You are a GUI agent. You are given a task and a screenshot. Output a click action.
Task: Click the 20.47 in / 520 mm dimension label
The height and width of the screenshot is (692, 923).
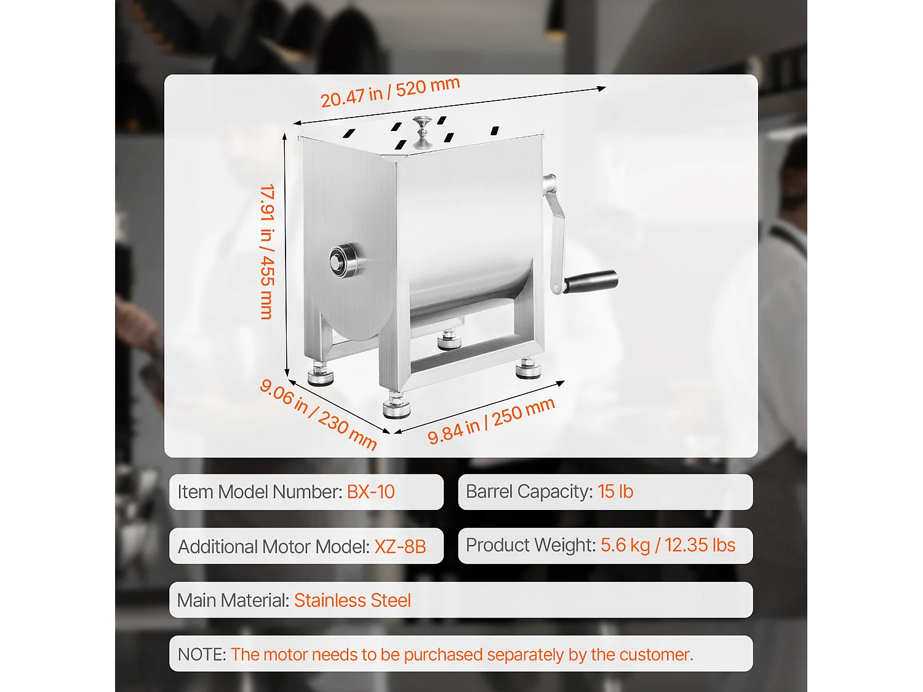[x=390, y=92]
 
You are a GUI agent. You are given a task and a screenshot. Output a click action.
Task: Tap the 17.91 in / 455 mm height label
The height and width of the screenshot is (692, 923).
[x=267, y=252]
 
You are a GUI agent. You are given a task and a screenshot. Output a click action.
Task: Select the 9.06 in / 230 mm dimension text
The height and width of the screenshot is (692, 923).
[x=318, y=414]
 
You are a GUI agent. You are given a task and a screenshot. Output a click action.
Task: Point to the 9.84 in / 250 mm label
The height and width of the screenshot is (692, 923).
[x=491, y=420]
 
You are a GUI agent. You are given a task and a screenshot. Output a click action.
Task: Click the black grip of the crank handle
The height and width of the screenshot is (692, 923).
[x=590, y=281]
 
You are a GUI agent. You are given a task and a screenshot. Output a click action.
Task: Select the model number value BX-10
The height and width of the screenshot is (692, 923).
[x=370, y=492]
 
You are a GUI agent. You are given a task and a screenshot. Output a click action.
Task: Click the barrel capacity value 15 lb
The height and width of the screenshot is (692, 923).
[x=615, y=491]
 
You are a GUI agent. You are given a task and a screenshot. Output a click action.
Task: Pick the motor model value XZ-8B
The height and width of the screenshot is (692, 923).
[x=400, y=546]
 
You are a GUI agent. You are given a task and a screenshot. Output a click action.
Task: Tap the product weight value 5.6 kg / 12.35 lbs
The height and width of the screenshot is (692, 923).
[x=668, y=545]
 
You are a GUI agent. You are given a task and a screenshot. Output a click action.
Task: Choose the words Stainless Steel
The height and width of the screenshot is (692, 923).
[x=352, y=600]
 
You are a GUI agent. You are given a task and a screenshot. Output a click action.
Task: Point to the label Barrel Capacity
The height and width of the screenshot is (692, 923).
[x=529, y=491]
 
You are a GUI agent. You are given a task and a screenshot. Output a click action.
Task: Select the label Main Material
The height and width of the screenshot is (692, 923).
[x=233, y=600]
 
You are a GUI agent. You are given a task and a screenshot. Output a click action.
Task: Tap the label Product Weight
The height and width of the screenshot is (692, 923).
[x=530, y=545]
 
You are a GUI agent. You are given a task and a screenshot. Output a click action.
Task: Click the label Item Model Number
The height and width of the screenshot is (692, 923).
[x=259, y=492]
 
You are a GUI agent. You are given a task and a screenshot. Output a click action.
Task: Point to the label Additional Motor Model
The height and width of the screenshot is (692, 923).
[x=273, y=546]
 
